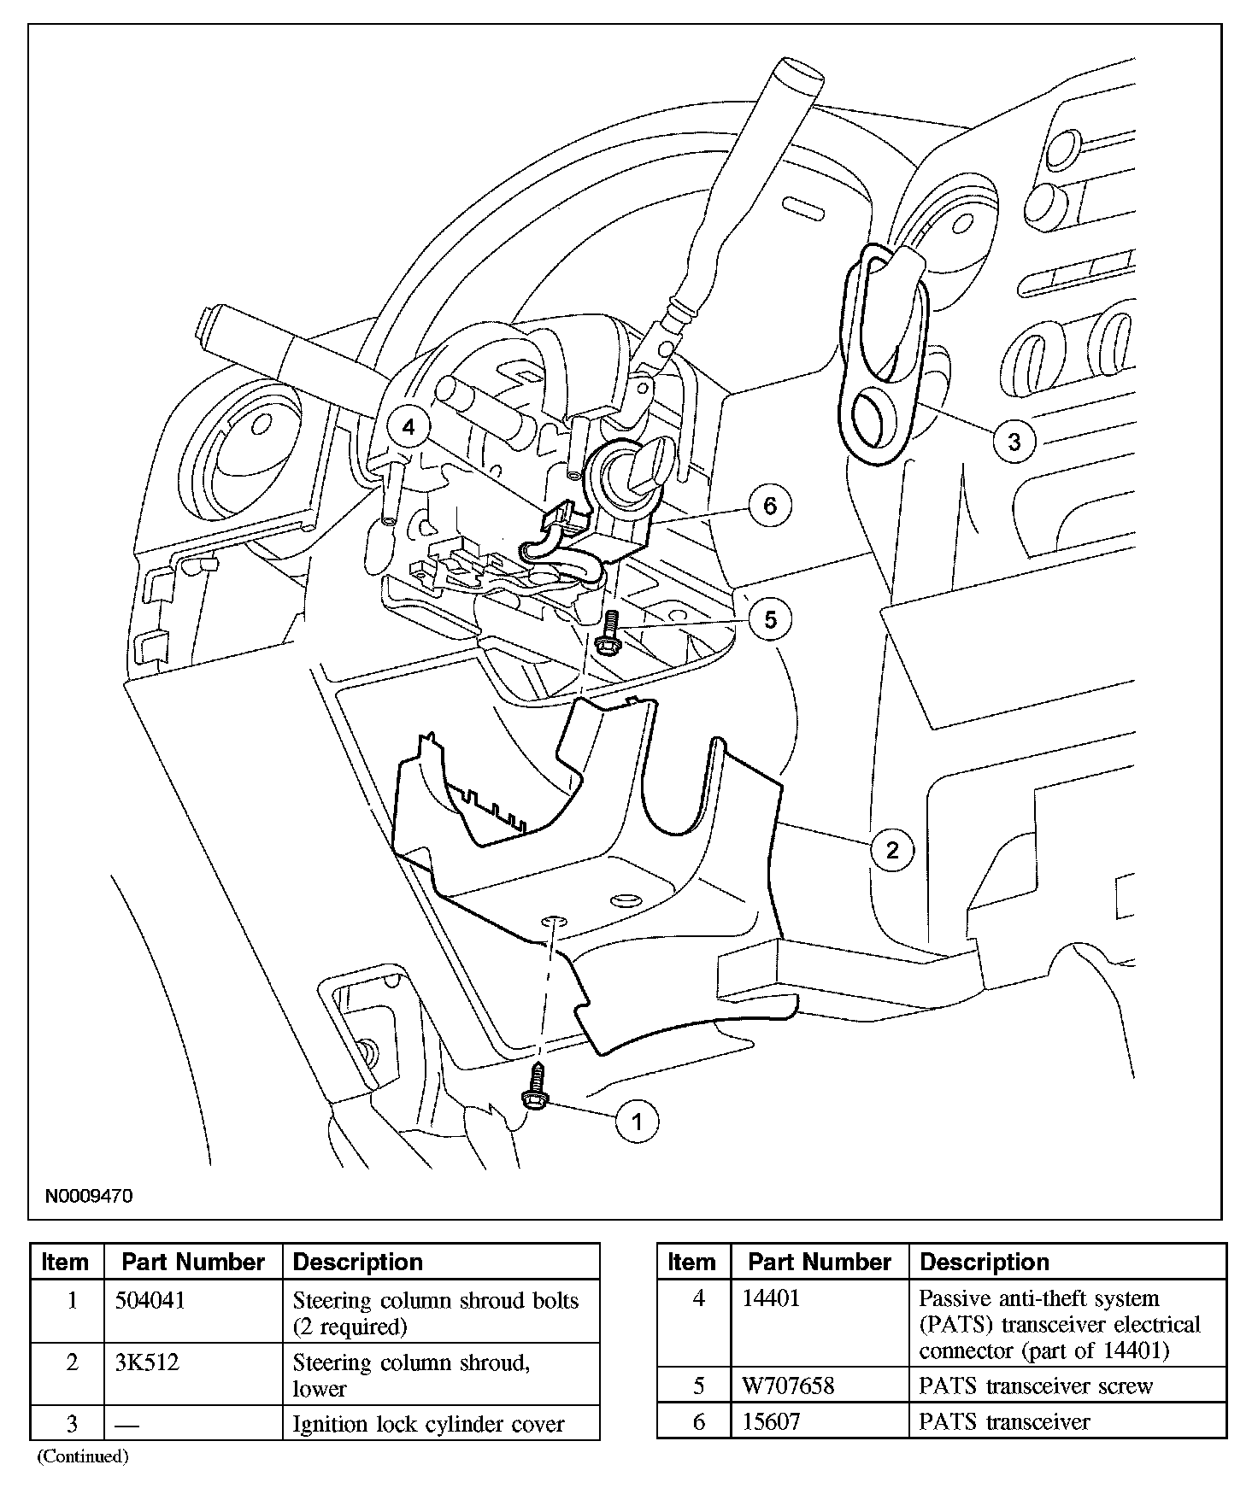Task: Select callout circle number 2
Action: (892, 850)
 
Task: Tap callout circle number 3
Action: (1014, 442)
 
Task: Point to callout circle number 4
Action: (409, 426)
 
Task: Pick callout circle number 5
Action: (770, 619)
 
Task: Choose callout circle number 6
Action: (770, 507)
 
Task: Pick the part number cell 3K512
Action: (147, 1362)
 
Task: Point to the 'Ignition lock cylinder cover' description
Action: (428, 1424)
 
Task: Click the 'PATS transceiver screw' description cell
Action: (1036, 1385)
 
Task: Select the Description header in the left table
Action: (357, 1262)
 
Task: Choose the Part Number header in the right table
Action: (819, 1262)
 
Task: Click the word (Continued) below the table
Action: (82, 1456)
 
